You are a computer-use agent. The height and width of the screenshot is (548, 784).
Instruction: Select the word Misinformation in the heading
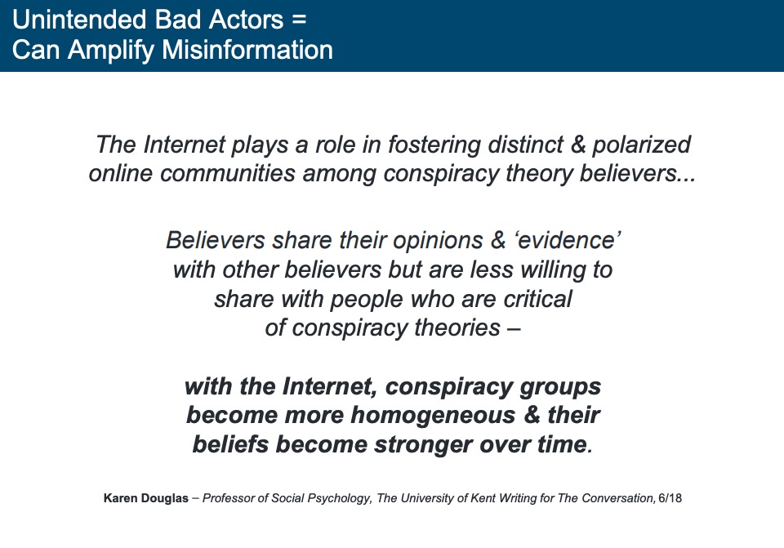pyautogui.click(x=247, y=50)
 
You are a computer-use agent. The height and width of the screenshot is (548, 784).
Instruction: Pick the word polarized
pyautogui.click(x=642, y=145)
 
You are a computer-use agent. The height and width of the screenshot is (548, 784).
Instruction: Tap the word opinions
pyautogui.click(x=438, y=240)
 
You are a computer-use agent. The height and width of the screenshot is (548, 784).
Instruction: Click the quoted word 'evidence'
pyautogui.click(x=567, y=240)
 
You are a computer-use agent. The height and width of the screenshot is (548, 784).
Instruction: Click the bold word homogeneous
pyautogui.click(x=433, y=415)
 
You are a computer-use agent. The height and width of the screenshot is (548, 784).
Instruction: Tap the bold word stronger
pyautogui.click(x=423, y=444)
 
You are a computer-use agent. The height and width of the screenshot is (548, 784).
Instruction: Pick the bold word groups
pyautogui.click(x=560, y=387)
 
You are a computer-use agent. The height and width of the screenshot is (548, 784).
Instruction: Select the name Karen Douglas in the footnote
pyautogui.click(x=146, y=498)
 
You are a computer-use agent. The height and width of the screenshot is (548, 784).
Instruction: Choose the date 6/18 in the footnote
pyautogui.click(x=670, y=498)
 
